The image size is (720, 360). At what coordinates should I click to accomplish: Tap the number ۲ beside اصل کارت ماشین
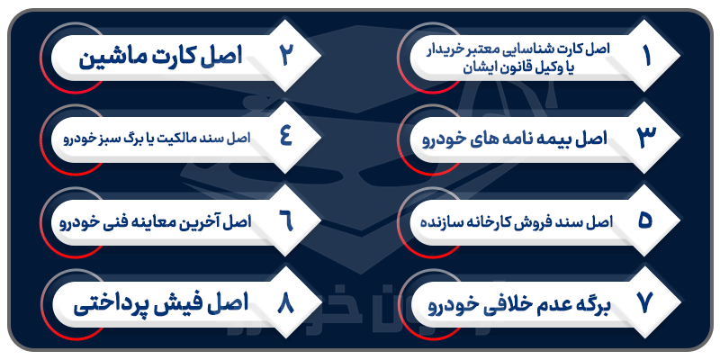point(285,55)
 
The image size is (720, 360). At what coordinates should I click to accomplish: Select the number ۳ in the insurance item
point(645,138)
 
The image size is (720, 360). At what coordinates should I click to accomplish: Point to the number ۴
point(285,138)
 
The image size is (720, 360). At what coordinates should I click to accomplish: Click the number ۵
point(645,220)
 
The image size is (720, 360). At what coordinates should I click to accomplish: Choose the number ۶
point(285,220)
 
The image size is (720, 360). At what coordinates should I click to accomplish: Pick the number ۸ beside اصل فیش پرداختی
point(285,303)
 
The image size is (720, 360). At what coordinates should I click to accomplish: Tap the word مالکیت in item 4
point(180,139)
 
